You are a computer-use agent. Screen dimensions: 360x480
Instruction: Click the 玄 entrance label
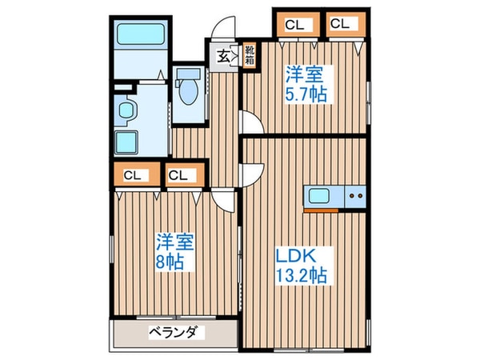click(x=223, y=56)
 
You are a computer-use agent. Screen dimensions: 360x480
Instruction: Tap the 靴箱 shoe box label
click(x=250, y=54)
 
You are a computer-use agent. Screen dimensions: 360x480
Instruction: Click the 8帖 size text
click(x=174, y=262)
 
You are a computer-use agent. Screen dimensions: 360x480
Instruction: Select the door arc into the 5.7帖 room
click(x=250, y=124)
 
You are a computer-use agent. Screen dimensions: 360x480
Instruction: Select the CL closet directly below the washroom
click(x=133, y=174)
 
